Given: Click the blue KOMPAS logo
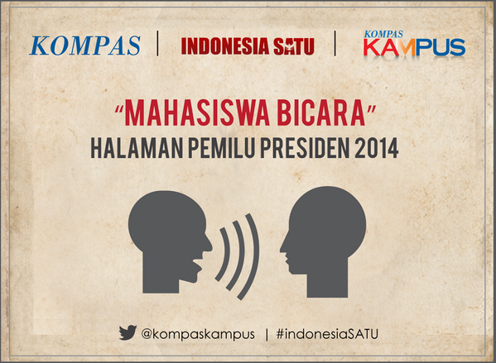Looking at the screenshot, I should pos(85,45).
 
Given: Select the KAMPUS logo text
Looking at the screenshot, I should pos(413,49).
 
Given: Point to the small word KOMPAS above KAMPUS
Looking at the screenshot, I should pos(383,35).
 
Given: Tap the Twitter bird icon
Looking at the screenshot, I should pos(127,333).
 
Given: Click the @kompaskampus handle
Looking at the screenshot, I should pos(196,334).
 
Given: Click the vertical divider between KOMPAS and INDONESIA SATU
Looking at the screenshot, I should pos(158,45).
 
